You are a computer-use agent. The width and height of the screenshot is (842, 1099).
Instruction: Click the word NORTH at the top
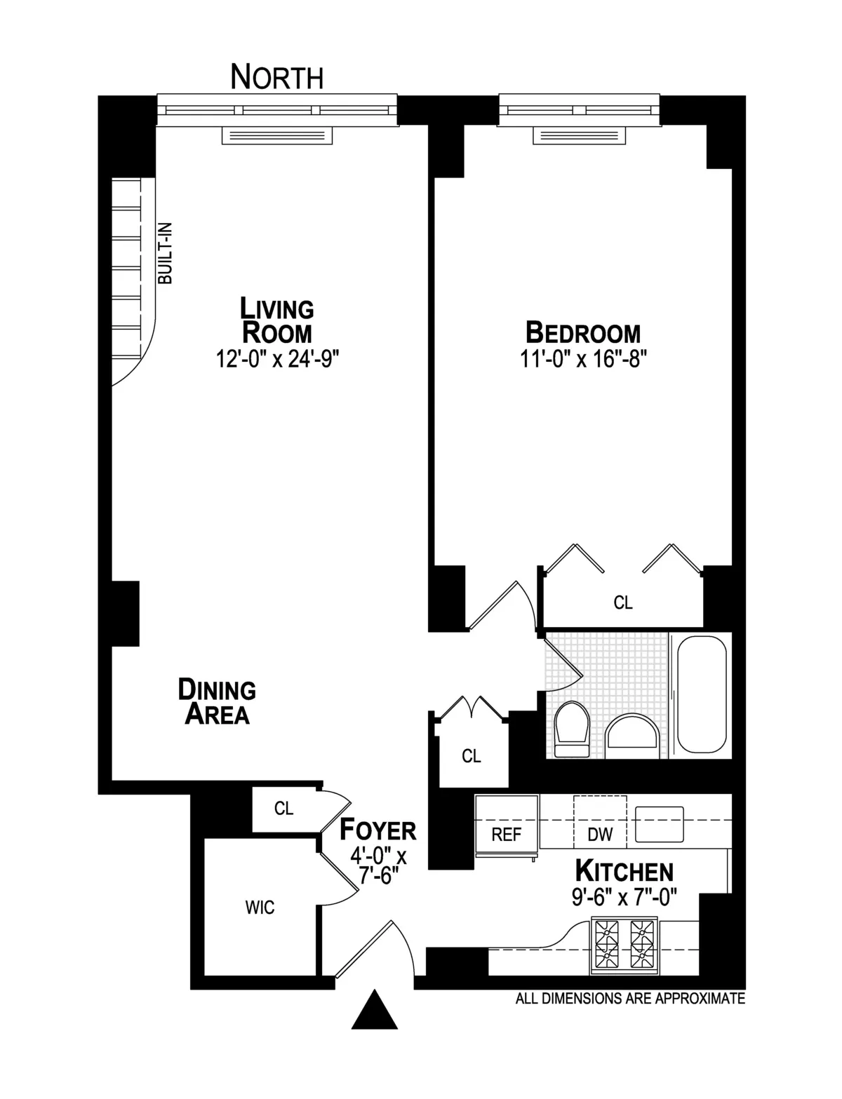tap(277, 76)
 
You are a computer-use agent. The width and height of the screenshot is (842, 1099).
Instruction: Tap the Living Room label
tap(277, 320)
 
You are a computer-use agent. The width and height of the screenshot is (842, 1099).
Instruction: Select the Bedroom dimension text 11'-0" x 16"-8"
tap(582, 359)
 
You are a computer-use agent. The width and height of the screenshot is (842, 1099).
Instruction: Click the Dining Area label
tap(217, 701)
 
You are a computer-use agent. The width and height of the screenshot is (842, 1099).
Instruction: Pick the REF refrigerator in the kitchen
tap(507, 825)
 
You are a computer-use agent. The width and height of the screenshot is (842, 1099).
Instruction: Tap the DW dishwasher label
tap(600, 834)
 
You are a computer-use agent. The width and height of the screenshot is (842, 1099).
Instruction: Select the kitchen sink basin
tap(659, 823)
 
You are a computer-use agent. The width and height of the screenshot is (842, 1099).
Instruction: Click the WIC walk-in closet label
tap(260, 908)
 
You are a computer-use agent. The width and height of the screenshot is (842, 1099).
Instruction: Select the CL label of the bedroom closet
tap(623, 602)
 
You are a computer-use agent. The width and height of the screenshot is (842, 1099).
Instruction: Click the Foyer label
tap(378, 830)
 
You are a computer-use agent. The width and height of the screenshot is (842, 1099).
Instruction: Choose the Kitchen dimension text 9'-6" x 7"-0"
tap(624, 898)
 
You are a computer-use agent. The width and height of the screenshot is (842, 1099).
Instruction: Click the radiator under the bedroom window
tap(579, 135)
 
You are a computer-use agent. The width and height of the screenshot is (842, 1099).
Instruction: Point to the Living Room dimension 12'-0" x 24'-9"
tap(279, 359)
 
